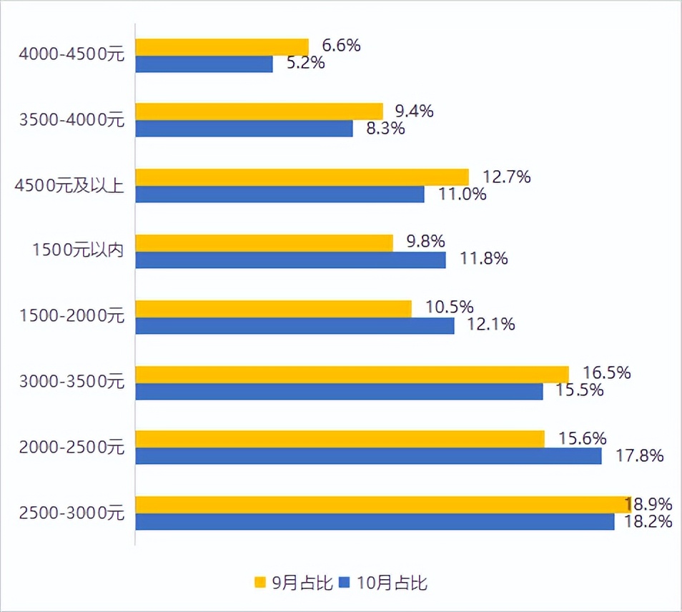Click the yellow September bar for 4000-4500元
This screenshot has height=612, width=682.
(x=222, y=47)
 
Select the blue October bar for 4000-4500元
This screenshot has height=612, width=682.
(x=204, y=64)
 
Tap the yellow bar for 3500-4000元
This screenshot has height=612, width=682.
(x=259, y=112)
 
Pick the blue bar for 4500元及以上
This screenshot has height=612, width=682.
(x=280, y=194)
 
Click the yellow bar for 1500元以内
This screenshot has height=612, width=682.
(x=264, y=243)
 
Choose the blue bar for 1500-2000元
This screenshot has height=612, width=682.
(x=295, y=326)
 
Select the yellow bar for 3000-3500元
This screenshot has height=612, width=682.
(x=352, y=375)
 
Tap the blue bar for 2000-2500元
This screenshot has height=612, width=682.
(x=368, y=456)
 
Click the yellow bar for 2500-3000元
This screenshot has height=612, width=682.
(x=382, y=505)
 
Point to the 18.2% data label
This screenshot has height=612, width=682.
(x=648, y=521)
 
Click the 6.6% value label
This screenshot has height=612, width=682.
(x=341, y=46)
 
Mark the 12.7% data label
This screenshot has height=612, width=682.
(x=507, y=177)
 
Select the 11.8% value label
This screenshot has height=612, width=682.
(x=484, y=258)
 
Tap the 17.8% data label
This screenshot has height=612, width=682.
(x=641, y=455)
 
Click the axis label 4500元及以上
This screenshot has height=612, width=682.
(x=69, y=186)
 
